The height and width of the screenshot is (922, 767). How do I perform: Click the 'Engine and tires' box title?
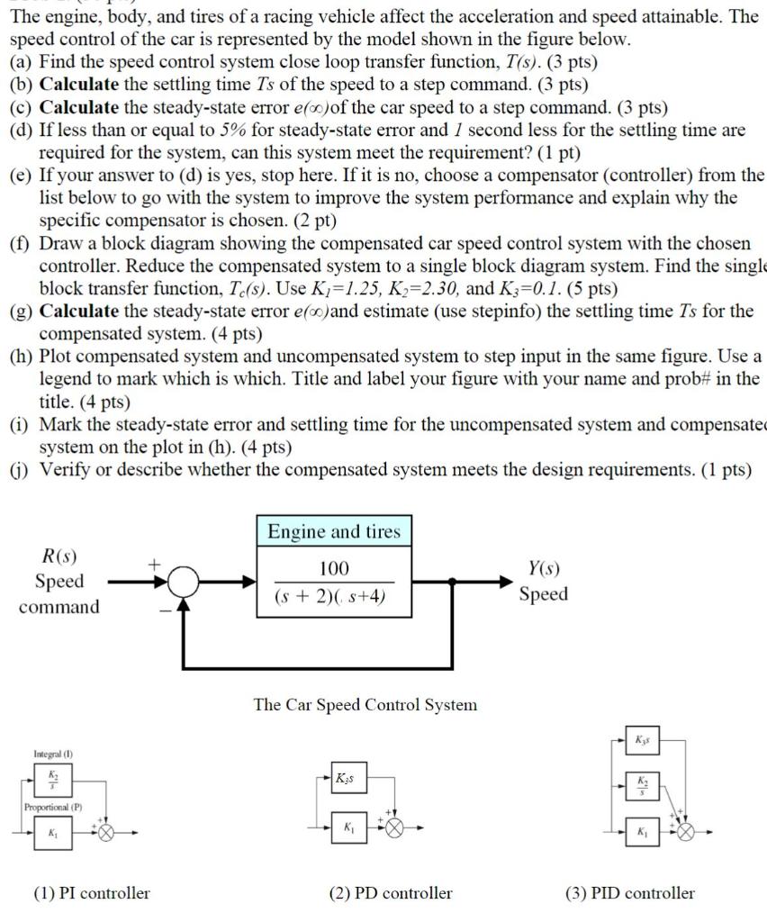(333, 531)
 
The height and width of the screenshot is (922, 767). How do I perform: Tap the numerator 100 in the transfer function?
(333, 568)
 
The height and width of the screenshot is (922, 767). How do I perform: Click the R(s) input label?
(59, 556)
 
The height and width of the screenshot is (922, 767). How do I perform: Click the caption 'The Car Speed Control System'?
(365, 704)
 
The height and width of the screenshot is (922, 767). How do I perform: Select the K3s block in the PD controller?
(347, 777)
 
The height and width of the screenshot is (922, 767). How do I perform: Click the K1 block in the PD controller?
(347, 827)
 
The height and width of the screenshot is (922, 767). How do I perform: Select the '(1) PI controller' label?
(92, 893)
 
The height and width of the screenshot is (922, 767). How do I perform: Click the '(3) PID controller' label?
(630, 893)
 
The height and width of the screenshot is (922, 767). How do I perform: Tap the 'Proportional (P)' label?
(54, 807)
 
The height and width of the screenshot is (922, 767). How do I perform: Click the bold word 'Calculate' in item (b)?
(80, 86)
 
